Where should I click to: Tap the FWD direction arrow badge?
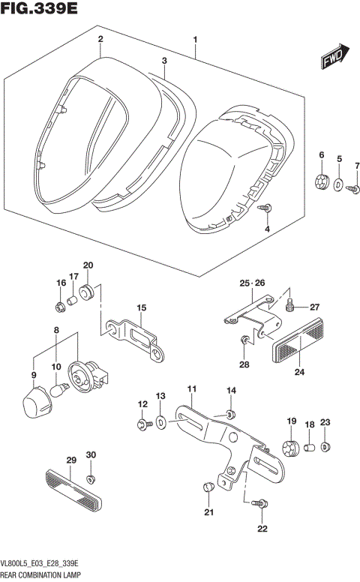334,60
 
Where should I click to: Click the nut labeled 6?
321,181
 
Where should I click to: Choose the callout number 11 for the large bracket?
191,388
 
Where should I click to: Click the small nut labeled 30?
91,478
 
